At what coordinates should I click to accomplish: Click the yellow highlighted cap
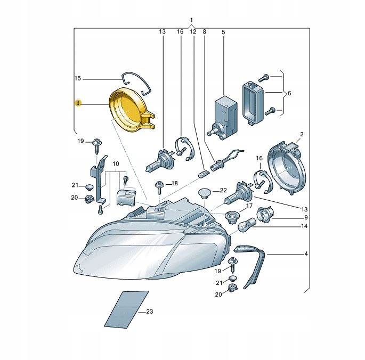point(129,111)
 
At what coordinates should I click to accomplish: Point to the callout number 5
point(223,32)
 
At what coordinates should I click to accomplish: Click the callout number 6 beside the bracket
point(289,93)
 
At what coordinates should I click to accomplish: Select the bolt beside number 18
point(159,186)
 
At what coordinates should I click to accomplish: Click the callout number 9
point(306,217)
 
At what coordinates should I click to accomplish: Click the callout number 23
point(149,312)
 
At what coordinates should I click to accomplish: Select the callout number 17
point(249,206)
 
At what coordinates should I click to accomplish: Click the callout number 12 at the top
point(192,32)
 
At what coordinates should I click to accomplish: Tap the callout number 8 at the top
point(204,32)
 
